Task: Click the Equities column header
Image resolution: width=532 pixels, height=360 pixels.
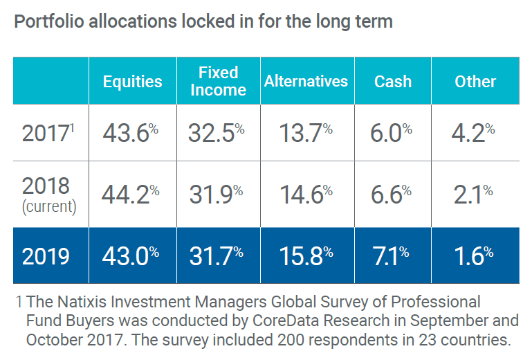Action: pos(132,81)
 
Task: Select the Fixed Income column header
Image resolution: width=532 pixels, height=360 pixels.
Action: pos(218,81)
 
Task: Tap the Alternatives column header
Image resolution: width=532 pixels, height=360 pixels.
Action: pos(306,81)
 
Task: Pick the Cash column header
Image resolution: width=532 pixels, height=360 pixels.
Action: pos(392,81)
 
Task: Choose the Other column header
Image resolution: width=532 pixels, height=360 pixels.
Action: pos(475,81)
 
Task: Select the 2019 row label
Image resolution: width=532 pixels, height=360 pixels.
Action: pos(46,255)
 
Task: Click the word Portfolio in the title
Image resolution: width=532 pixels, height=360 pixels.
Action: pos(46,21)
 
